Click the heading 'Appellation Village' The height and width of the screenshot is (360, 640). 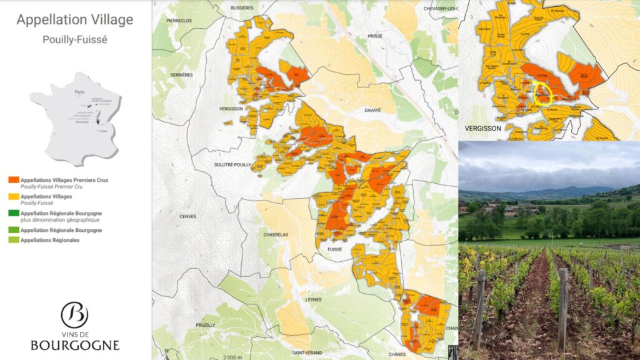[75, 19]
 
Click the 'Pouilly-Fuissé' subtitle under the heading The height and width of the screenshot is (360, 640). [75, 39]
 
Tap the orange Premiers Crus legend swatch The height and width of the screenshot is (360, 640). [14, 181]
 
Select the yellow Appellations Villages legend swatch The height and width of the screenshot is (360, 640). [14, 196]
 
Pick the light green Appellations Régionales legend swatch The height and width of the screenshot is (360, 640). [14, 240]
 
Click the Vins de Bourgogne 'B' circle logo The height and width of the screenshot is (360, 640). [74, 315]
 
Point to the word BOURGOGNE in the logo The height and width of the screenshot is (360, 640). [75, 345]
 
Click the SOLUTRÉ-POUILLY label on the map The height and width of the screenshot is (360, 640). [231, 164]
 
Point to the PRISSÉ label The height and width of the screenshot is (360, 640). [375, 36]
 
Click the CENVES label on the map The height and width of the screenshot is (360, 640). [187, 217]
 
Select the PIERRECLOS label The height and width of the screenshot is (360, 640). [179, 20]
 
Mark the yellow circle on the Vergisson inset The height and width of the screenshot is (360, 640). [542, 92]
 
